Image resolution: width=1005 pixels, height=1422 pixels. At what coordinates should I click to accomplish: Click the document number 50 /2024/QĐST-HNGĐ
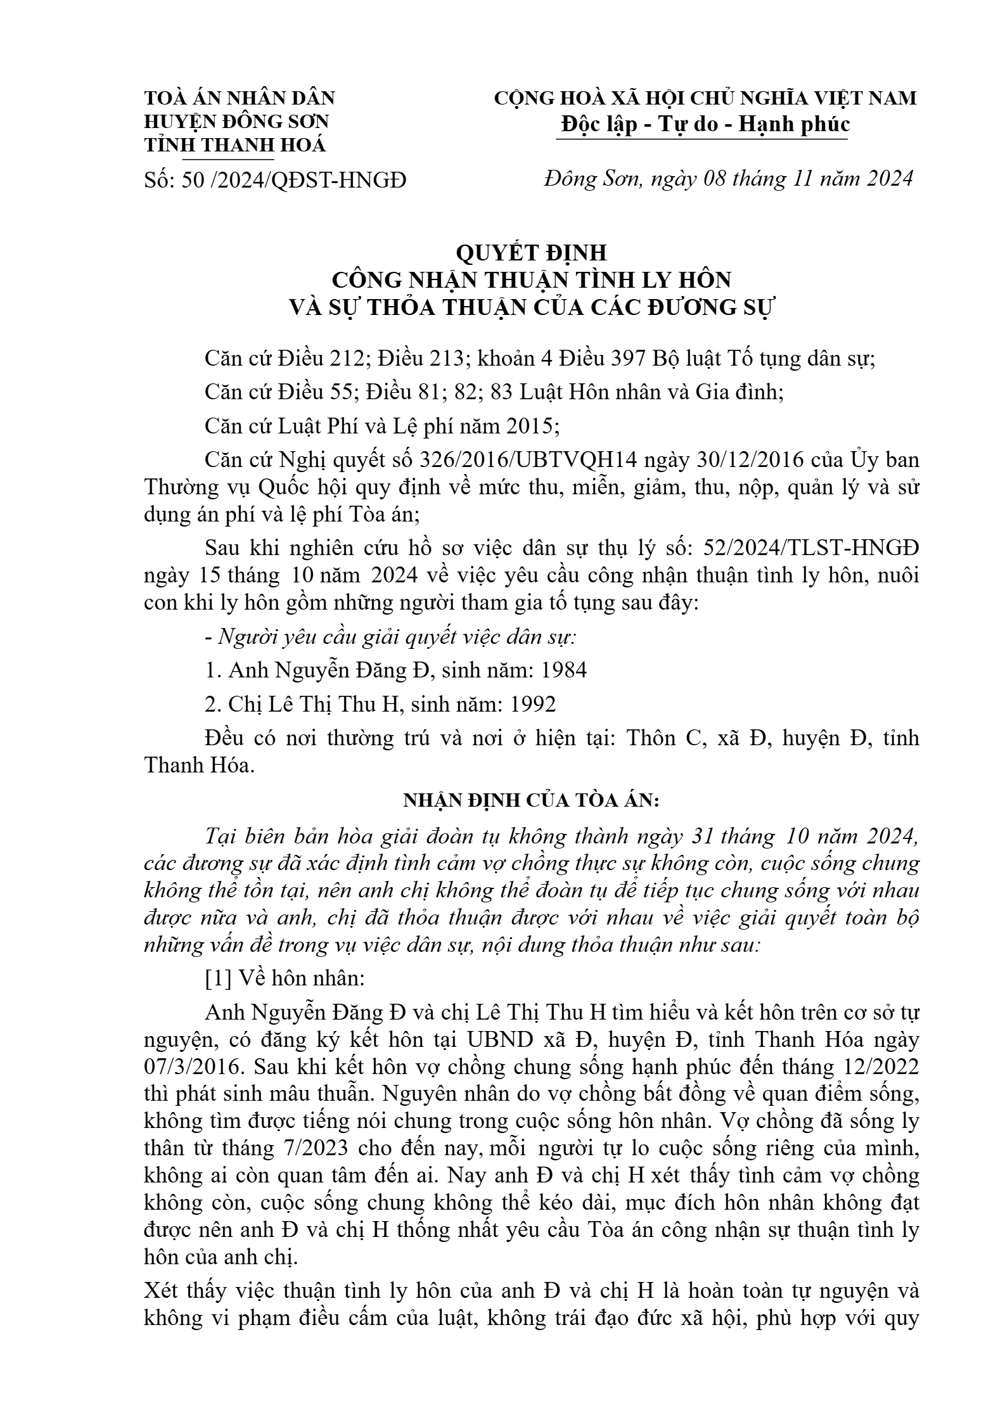tap(294, 181)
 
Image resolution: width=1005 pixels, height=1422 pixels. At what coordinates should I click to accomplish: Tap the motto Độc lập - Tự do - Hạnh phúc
tap(704, 124)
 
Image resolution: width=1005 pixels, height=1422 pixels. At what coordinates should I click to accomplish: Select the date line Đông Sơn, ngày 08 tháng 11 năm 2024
tap(728, 179)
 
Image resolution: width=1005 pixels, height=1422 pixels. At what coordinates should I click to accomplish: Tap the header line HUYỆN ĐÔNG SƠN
tap(236, 121)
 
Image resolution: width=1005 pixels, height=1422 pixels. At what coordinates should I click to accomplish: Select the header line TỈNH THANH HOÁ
tap(235, 145)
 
